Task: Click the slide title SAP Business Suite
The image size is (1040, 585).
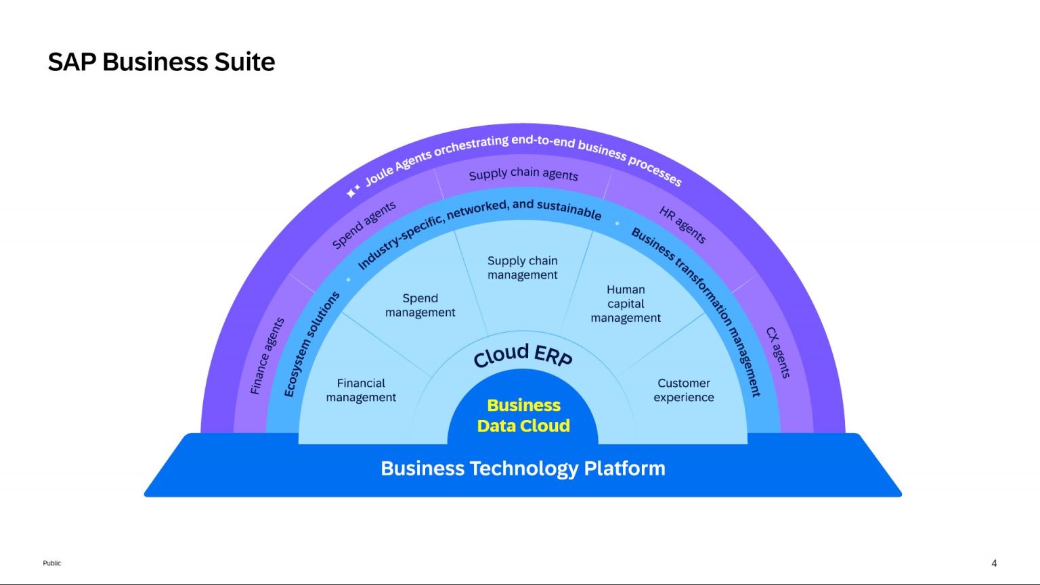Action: coord(161,62)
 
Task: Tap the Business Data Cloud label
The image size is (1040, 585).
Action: coord(523,415)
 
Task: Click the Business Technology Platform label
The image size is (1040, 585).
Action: coord(523,468)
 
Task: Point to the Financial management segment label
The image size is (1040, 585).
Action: coord(361,390)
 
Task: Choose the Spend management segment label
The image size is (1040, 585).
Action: coord(420,305)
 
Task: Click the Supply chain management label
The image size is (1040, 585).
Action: coord(523,268)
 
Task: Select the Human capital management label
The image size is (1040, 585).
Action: coord(626,304)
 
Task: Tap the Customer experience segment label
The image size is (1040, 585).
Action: coord(684,390)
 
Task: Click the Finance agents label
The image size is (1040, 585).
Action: coord(267,356)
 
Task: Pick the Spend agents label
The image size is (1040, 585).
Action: coord(364,225)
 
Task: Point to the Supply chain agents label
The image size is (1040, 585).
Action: coord(523,174)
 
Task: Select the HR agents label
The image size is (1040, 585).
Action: coord(682,225)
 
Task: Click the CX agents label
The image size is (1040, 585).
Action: coord(778,352)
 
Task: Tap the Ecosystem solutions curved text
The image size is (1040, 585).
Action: coord(311,344)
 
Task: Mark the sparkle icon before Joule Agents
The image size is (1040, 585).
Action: coord(353,191)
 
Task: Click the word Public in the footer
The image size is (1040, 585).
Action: coord(52,563)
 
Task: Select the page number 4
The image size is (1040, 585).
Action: coord(994,563)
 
